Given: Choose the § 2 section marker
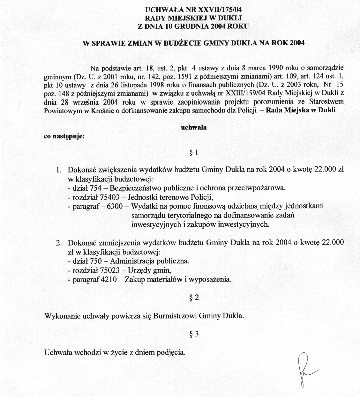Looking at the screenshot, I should click(x=194, y=298).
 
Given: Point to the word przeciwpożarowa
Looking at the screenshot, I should click(x=259, y=188).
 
